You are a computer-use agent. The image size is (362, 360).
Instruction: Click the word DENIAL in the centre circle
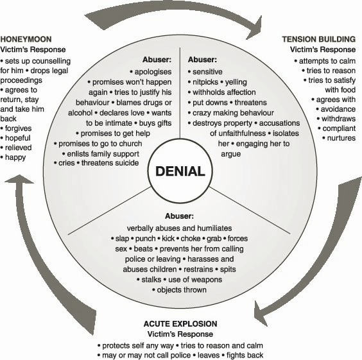(180, 171)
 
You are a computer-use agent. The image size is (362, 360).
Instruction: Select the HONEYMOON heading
(26, 39)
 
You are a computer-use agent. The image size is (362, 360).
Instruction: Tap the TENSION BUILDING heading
(319, 39)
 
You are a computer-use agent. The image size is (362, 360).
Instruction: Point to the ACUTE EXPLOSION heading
(180, 324)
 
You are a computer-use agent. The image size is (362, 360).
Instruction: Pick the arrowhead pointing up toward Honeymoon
(19, 179)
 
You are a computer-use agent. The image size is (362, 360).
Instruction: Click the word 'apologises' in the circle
(153, 72)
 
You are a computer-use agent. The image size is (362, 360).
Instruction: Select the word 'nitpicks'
(205, 82)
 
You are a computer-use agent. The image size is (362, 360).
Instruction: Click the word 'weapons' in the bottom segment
(207, 280)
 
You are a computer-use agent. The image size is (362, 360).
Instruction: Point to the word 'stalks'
(151, 280)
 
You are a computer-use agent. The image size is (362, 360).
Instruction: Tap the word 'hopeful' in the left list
(18, 138)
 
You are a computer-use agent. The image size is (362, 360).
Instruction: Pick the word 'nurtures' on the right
(341, 138)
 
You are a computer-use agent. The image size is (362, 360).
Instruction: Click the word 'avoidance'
(338, 109)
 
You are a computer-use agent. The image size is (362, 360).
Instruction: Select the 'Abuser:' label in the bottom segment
(179, 216)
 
